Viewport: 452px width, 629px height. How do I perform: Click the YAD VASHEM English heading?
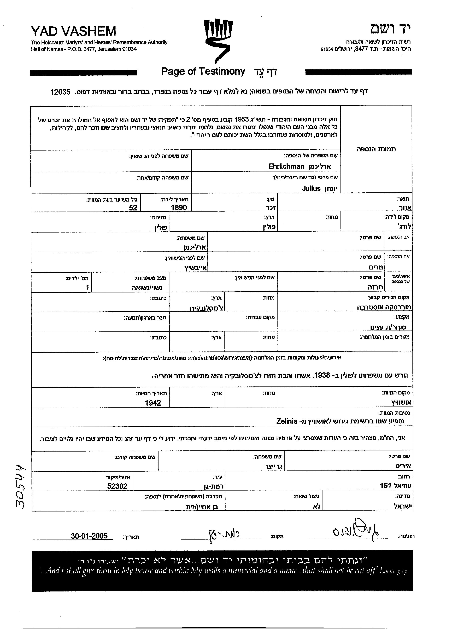73,31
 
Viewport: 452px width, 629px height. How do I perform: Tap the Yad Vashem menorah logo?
218,40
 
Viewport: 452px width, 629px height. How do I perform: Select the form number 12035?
60,92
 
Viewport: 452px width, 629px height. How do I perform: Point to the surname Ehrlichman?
286,166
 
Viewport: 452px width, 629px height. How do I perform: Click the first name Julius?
311,189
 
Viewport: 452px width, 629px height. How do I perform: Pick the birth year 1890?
179,207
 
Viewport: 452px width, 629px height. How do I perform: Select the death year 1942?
153,403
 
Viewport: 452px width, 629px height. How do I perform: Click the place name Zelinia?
287,421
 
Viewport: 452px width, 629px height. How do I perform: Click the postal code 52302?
117,486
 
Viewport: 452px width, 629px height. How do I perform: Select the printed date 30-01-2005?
89,536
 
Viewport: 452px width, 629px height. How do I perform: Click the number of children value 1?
87,287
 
